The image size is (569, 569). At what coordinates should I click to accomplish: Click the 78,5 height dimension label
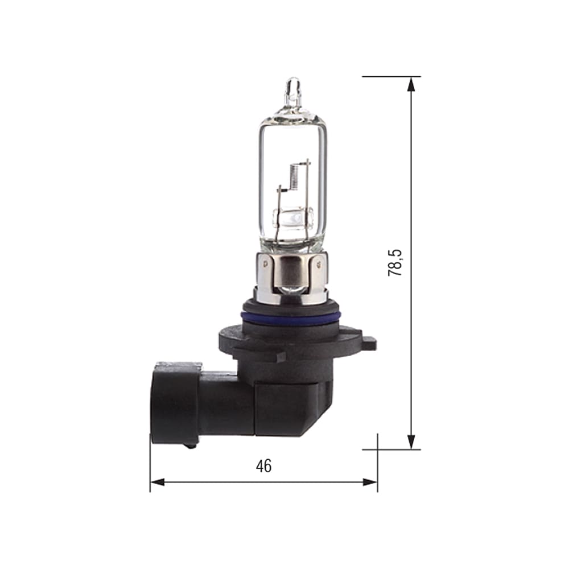coord(395,262)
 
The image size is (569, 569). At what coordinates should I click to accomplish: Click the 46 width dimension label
coord(263,466)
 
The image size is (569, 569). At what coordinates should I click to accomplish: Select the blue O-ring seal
coord(291,316)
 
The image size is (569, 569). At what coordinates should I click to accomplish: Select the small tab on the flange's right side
coord(369,343)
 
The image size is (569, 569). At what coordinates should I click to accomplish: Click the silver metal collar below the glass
coord(291,279)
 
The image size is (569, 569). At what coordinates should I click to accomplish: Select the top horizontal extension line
coord(391,76)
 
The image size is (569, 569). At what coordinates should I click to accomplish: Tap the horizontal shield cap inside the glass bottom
coord(293,217)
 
